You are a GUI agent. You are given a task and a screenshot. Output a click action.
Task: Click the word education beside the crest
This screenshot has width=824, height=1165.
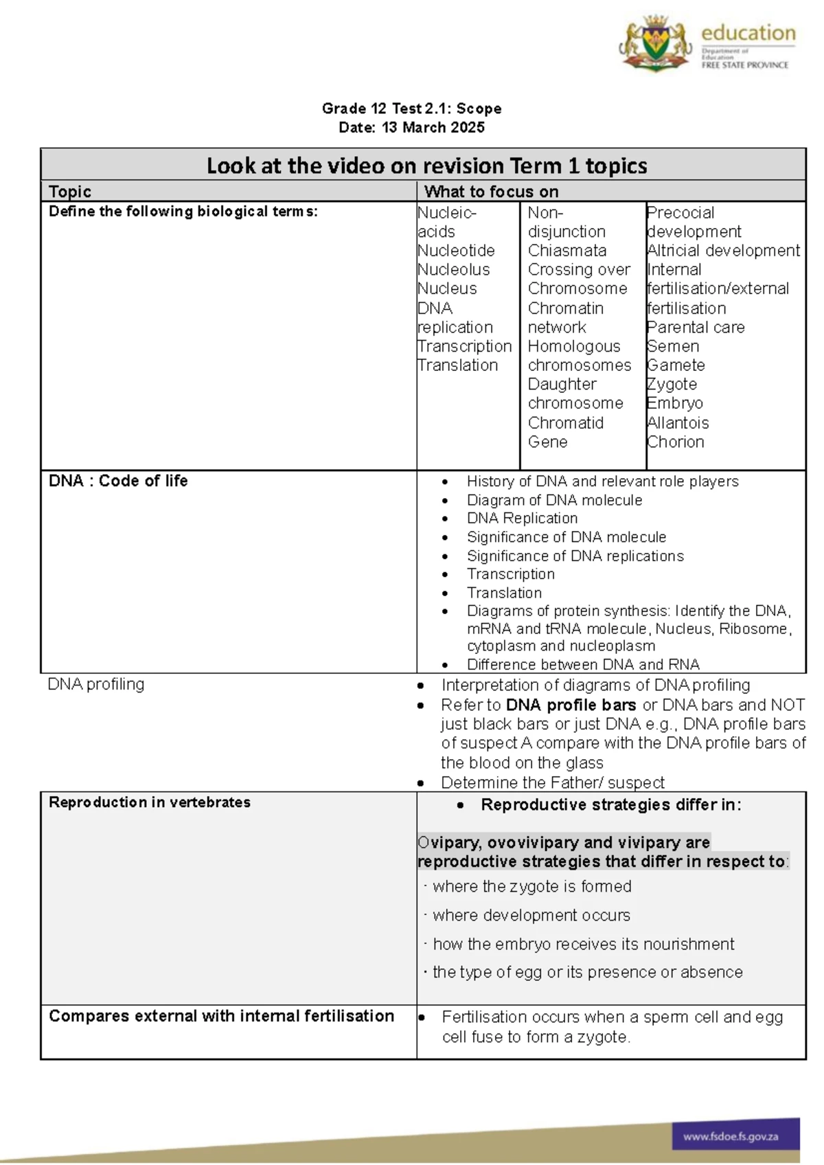pyautogui.click(x=748, y=33)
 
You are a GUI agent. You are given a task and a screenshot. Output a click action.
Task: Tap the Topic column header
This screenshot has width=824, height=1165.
pyautogui.click(x=70, y=192)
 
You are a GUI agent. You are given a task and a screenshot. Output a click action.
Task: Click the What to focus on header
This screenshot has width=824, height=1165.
pyautogui.click(x=491, y=192)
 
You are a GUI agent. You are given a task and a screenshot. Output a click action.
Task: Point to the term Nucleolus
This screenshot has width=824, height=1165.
pyautogui.click(x=454, y=270)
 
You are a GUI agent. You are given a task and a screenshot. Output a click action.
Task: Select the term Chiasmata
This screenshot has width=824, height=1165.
pyautogui.click(x=567, y=251)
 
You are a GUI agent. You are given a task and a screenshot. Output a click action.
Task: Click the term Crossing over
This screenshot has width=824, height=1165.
pyautogui.click(x=579, y=270)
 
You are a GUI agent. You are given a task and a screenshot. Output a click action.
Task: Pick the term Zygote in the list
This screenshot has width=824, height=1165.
pyautogui.click(x=672, y=385)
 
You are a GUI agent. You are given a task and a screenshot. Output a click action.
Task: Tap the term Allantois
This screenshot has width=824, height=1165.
pyautogui.click(x=678, y=423)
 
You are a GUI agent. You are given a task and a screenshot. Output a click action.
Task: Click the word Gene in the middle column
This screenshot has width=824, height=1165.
pyautogui.click(x=547, y=442)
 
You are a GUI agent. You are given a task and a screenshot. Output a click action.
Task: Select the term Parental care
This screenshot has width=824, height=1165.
pyautogui.click(x=696, y=328)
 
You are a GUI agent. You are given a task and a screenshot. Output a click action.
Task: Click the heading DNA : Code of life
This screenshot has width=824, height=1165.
pyautogui.click(x=118, y=481)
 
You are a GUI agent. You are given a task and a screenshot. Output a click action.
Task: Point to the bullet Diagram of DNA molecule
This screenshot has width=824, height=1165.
pyautogui.click(x=554, y=500)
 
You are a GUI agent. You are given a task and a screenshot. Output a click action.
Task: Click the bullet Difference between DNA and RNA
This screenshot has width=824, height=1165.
pyautogui.click(x=583, y=664)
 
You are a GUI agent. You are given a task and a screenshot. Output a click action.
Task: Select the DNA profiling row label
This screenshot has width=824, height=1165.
pyautogui.click(x=96, y=684)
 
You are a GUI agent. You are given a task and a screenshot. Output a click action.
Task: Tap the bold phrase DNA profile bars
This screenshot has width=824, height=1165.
pyautogui.click(x=571, y=705)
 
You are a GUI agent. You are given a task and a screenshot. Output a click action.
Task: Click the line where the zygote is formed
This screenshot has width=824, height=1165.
pyautogui.click(x=531, y=887)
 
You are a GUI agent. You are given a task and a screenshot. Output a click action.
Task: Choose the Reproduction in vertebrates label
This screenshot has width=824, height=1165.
pyautogui.click(x=150, y=802)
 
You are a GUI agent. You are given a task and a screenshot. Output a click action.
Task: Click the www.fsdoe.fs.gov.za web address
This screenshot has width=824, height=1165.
pyautogui.click(x=731, y=1137)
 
